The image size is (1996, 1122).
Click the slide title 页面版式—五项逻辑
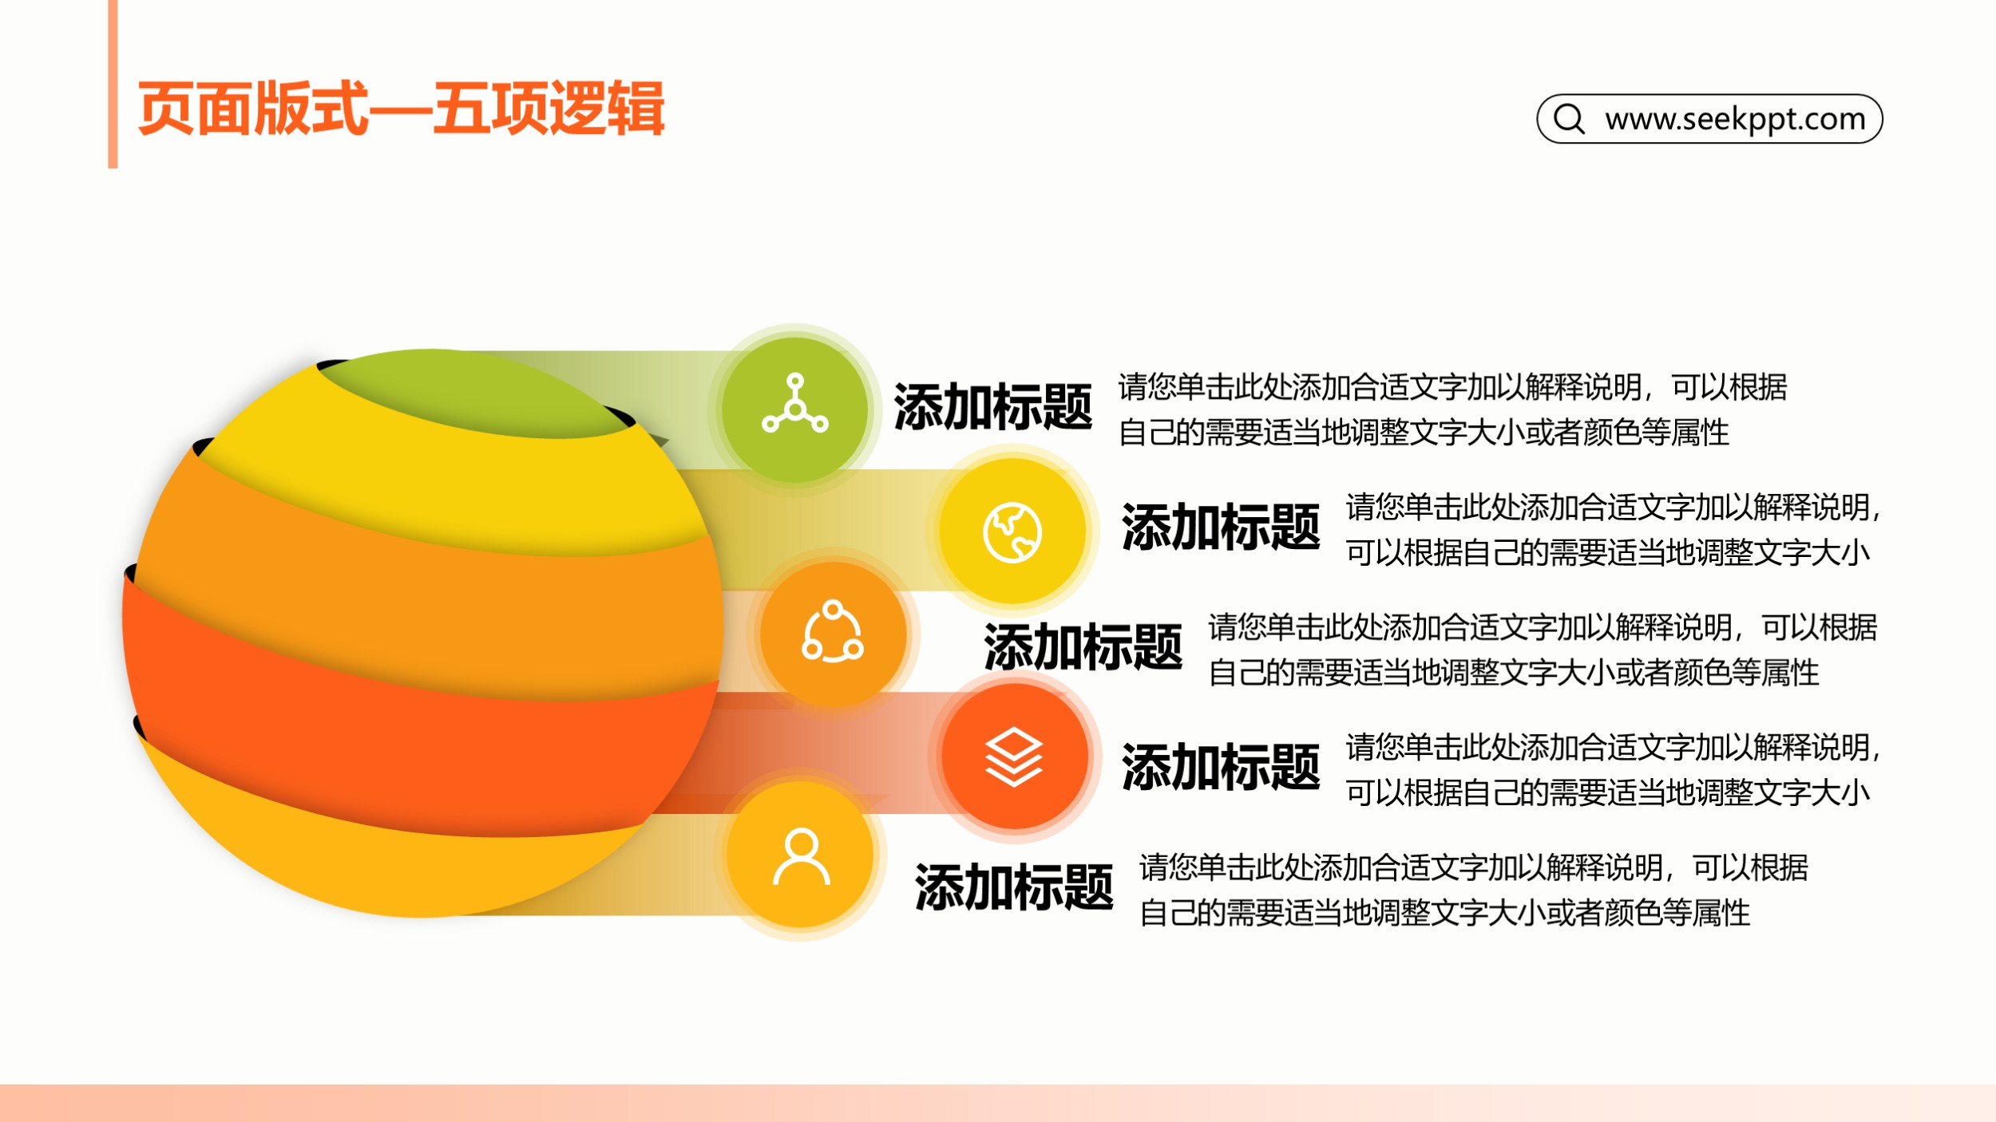(x=401, y=109)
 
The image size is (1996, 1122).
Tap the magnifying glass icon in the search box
(x=1569, y=119)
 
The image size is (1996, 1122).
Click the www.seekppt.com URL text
(x=1735, y=119)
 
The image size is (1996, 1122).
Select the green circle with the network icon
(x=794, y=409)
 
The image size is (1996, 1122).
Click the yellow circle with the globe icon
(x=1012, y=531)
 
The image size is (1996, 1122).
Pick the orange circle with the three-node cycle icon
(x=833, y=633)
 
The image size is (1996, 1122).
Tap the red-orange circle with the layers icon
(x=1014, y=756)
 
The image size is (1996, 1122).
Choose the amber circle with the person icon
(x=801, y=854)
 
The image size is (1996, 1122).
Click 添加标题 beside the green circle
(x=992, y=407)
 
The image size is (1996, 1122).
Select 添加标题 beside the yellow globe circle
(x=1221, y=527)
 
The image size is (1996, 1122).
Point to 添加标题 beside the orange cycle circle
(x=1083, y=647)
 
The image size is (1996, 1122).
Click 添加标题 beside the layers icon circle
(x=1221, y=768)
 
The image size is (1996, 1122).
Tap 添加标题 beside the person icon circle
(x=1014, y=887)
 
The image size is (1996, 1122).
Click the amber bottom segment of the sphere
(x=383, y=866)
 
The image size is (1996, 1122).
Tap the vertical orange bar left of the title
(x=113, y=84)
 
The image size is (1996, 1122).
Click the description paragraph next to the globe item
(x=1613, y=529)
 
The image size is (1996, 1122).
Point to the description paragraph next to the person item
(x=1473, y=889)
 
